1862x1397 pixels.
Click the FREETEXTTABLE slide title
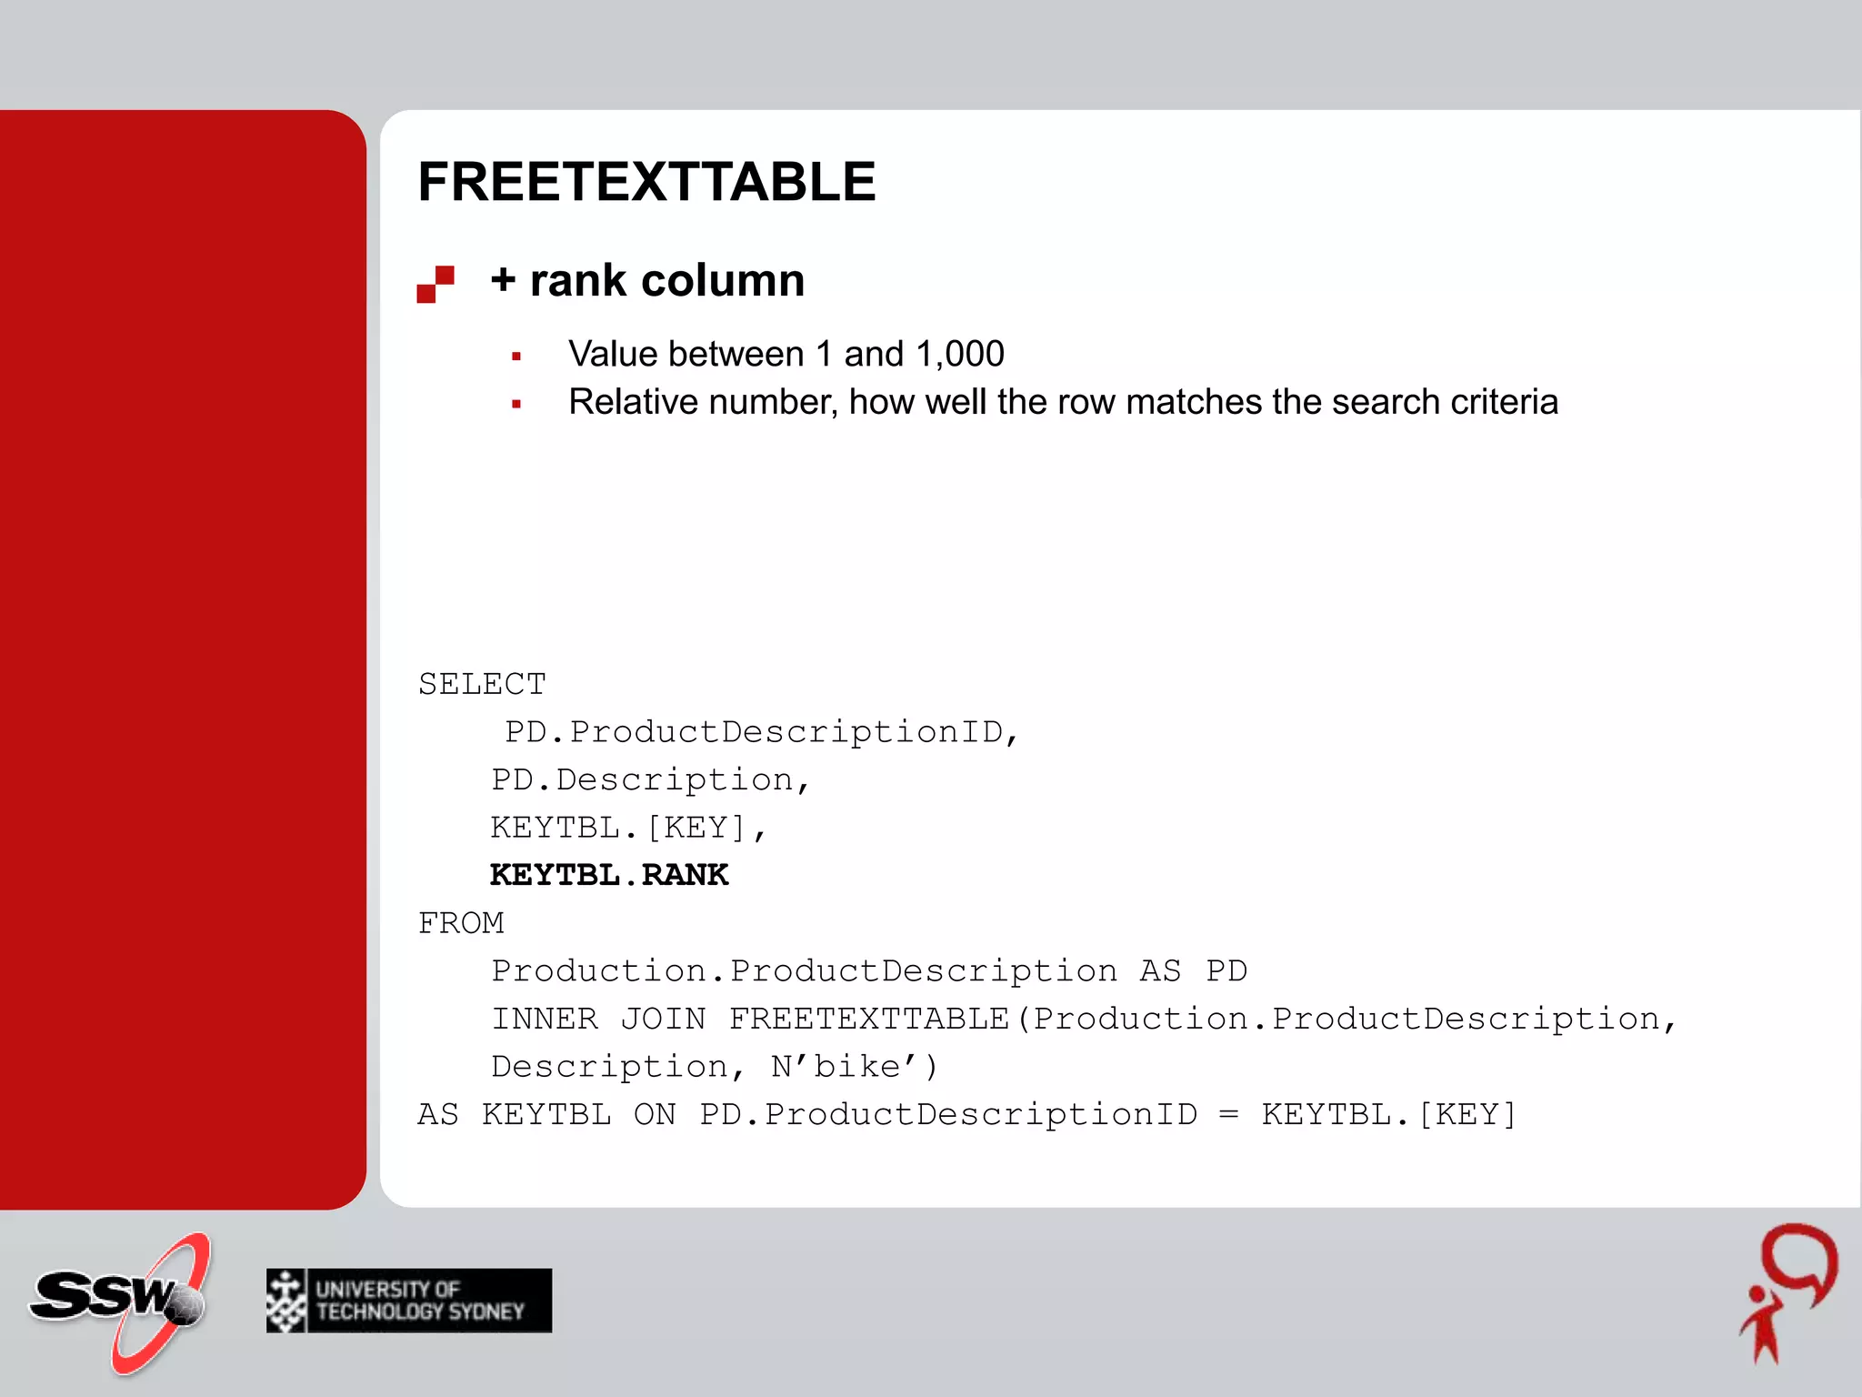[646, 182]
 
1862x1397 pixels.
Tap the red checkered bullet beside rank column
[435, 284]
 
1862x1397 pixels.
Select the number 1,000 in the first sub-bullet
[960, 354]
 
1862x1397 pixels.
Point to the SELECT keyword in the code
[482, 684]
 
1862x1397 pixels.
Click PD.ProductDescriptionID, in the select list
[762, 732]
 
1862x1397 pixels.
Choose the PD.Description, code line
[650, 780]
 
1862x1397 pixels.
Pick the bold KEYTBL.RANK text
[609, 875]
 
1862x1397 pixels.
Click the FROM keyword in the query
[461, 923]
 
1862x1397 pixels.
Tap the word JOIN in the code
[663, 1019]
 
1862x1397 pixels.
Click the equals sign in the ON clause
[1228, 1114]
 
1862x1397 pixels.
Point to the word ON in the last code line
[655, 1114]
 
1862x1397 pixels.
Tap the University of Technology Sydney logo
[409, 1301]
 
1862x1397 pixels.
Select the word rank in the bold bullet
[578, 280]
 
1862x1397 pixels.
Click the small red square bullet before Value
[516, 357]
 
